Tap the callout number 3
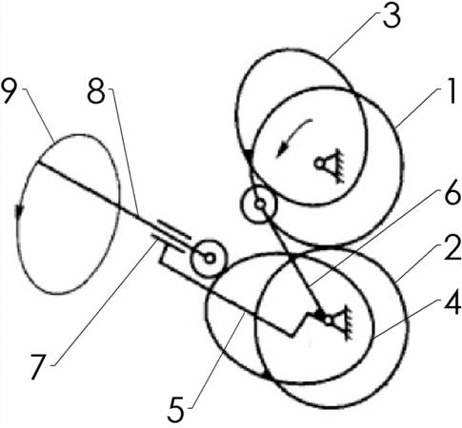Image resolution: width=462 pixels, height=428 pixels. point(392,15)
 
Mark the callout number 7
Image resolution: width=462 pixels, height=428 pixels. point(40,366)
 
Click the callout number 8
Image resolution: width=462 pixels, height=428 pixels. point(96,91)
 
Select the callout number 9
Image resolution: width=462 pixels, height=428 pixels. point(10,91)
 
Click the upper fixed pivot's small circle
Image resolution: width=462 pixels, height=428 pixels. point(319,164)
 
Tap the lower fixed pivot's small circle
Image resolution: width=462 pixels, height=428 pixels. point(329,321)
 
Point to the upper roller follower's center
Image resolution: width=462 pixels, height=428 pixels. point(260,204)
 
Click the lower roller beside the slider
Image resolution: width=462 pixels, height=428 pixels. point(210,258)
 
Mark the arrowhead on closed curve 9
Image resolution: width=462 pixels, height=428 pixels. point(20,211)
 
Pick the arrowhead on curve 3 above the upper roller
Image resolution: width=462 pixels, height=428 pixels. point(250,154)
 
